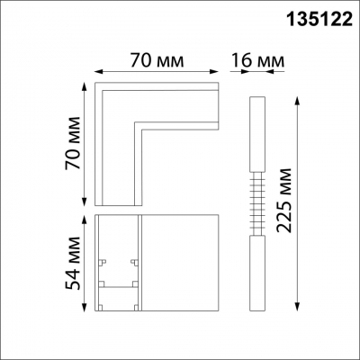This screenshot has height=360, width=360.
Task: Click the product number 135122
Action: tap(319, 20)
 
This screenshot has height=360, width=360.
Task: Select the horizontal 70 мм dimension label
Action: tap(157, 60)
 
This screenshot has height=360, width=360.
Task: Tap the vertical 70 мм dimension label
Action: tap(73, 143)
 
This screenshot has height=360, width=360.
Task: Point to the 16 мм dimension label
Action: tap(257, 60)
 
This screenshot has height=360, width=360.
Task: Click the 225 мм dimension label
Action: tap(283, 201)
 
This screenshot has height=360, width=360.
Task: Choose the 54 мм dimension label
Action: tap(73, 263)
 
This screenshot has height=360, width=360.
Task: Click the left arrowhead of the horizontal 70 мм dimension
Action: tap(99, 71)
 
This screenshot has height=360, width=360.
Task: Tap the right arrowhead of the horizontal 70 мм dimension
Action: tap(214, 71)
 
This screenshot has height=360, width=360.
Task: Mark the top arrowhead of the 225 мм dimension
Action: tap(297, 101)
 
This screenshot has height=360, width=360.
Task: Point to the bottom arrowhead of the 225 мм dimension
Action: tap(297, 306)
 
